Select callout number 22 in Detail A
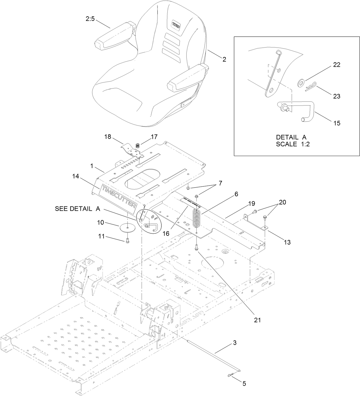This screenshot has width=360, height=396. pyautogui.click(x=337, y=65)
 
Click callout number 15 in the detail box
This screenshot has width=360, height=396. pyautogui.click(x=337, y=123)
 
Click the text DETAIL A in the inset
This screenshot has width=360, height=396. pyautogui.click(x=291, y=137)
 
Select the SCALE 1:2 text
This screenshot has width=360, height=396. pyautogui.click(x=292, y=144)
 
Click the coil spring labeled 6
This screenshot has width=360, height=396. pyautogui.click(x=196, y=218)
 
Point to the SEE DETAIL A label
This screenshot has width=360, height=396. pyautogui.click(x=77, y=209)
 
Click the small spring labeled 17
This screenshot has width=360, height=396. pyautogui.click(x=137, y=146)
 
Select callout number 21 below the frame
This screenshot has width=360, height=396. pyautogui.click(x=258, y=320)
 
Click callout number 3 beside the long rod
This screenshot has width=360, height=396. pyautogui.click(x=235, y=343)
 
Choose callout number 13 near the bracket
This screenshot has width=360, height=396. pyautogui.click(x=287, y=242)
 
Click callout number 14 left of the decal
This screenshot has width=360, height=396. pyautogui.click(x=76, y=176)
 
